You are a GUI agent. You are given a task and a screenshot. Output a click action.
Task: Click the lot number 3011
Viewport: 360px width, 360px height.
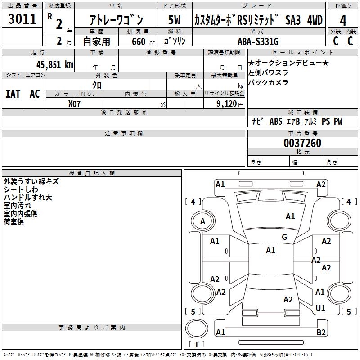[22, 19]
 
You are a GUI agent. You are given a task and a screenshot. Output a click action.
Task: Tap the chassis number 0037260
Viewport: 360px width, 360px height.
[302, 144]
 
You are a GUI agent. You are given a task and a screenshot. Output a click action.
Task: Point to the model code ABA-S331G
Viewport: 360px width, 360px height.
[258, 41]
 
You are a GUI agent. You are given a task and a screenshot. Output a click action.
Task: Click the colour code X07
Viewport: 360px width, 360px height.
[75, 103]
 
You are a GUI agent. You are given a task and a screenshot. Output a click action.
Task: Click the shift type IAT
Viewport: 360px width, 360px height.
[13, 94]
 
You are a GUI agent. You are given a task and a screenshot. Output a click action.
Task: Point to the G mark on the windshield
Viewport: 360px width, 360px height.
[284, 237]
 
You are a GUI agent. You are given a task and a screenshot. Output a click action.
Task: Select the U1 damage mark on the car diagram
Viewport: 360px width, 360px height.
[320, 308]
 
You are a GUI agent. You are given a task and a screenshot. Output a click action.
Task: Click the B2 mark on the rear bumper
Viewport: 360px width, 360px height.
[321, 333]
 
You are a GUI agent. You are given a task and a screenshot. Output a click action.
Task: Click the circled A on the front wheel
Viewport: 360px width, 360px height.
[202, 221]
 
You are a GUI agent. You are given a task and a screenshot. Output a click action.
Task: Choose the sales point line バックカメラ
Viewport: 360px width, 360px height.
[268, 82]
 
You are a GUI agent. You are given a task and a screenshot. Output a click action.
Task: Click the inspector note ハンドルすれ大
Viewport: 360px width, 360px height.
[28, 198]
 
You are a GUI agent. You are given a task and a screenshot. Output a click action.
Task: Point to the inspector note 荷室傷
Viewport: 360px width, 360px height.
[14, 222]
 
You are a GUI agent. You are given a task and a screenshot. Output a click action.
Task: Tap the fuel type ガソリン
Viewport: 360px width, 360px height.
[175, 41]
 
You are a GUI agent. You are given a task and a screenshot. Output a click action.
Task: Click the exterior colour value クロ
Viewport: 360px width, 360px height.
[97, 85]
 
